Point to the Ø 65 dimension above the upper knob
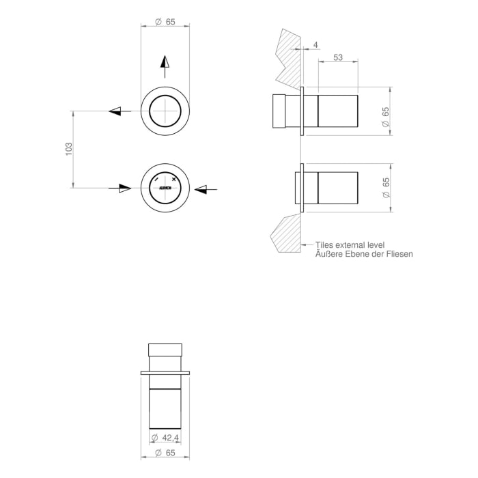coord(165,22)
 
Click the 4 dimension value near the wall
coord(315,45)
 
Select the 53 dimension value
coord(338,59)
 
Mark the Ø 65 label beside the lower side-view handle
coord(386,188)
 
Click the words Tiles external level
coord(350,244)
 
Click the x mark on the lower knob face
coord(175,179)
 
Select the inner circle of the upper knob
coord(165,110)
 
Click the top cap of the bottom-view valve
coord(165,350)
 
